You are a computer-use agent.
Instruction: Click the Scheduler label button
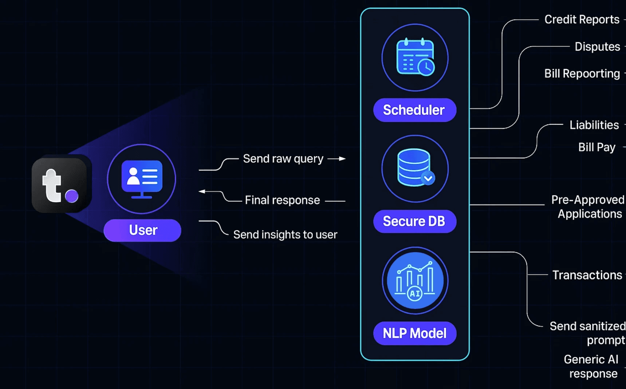[414, 110]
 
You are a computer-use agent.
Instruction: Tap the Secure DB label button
[414, 221]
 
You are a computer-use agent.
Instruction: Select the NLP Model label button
[414, 333]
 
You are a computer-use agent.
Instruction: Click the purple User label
[142, 230]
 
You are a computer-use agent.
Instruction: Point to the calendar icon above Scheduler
[415, 57]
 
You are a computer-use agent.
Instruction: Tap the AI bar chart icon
[415, 281]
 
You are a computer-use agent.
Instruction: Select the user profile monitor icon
[142, 179]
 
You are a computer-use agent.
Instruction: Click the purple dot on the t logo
[72, 196]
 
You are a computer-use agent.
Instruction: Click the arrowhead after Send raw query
[342, 159]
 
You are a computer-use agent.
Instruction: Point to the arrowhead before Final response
[202, 191]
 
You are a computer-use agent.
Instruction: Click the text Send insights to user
[285, 235]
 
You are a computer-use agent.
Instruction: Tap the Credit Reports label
[582, 19]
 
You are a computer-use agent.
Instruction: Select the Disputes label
[597, 47]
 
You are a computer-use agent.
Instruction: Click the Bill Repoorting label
[582, 74]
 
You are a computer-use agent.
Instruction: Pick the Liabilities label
[594, 125]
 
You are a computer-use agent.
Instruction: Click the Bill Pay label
[597, 147]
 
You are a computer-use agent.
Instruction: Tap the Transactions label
[587, 275]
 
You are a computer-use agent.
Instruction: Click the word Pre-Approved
[587, 200]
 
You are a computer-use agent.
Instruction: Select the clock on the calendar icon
[426, 67]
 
